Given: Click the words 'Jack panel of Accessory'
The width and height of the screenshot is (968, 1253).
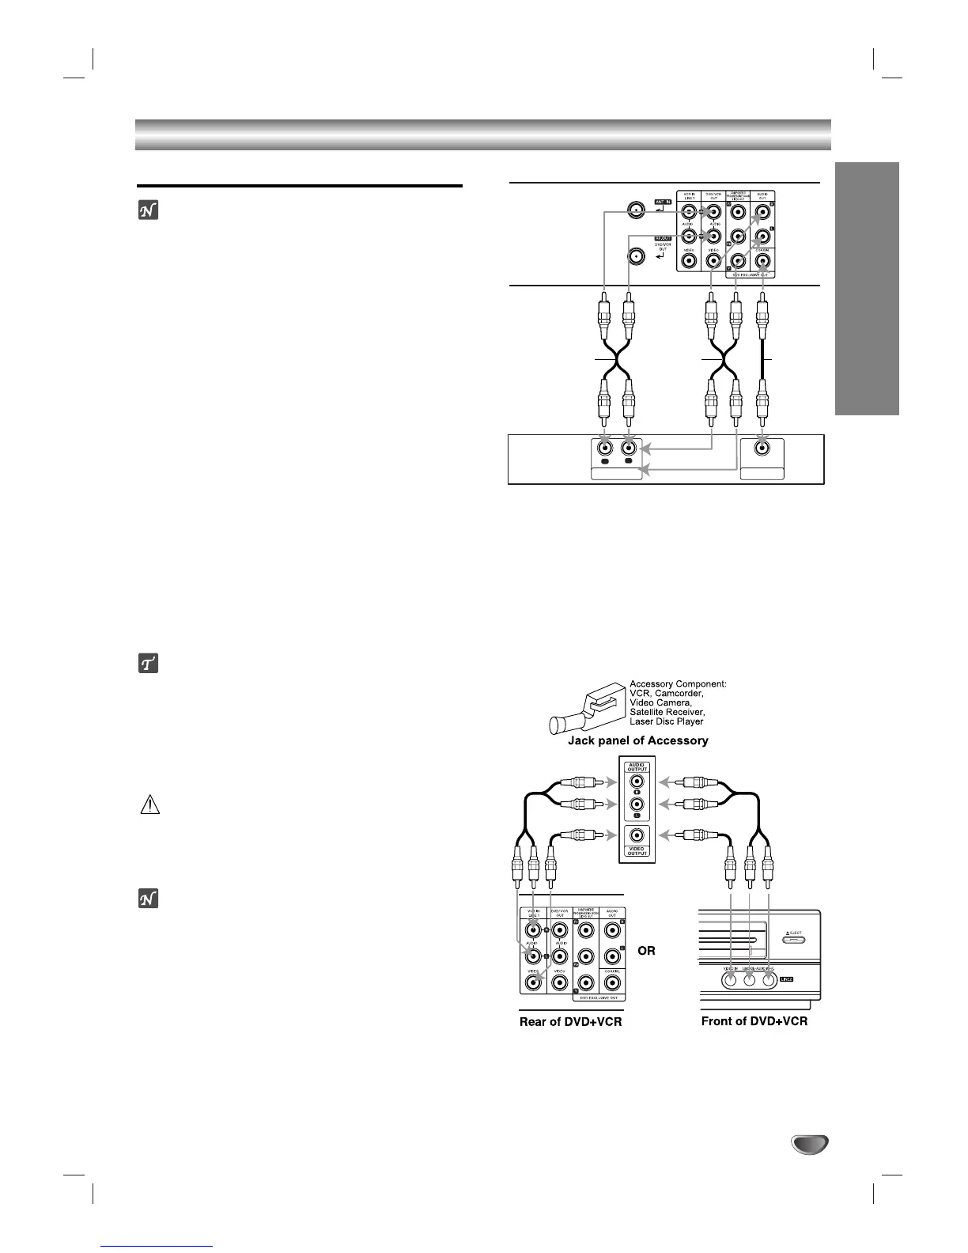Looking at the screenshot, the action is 638,741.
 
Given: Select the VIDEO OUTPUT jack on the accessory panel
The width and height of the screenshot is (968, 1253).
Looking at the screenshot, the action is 637,835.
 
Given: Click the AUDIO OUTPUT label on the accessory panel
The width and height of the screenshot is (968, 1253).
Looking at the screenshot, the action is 637,767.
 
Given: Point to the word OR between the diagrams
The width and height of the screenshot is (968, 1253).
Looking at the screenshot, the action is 646,950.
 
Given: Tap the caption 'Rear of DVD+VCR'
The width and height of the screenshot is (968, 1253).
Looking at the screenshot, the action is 570,1021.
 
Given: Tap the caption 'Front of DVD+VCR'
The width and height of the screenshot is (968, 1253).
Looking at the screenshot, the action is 754,1021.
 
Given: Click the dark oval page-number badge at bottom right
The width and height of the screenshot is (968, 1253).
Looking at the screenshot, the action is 807,1145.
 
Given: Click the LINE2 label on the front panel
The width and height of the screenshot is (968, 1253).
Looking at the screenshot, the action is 785,979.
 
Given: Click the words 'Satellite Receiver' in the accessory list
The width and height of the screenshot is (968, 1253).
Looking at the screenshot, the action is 667,712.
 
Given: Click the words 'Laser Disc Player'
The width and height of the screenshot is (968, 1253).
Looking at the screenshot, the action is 667,721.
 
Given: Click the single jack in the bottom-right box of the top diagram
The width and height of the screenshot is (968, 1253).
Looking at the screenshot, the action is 762,448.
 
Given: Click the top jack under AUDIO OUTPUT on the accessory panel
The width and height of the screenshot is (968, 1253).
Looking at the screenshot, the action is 637,782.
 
